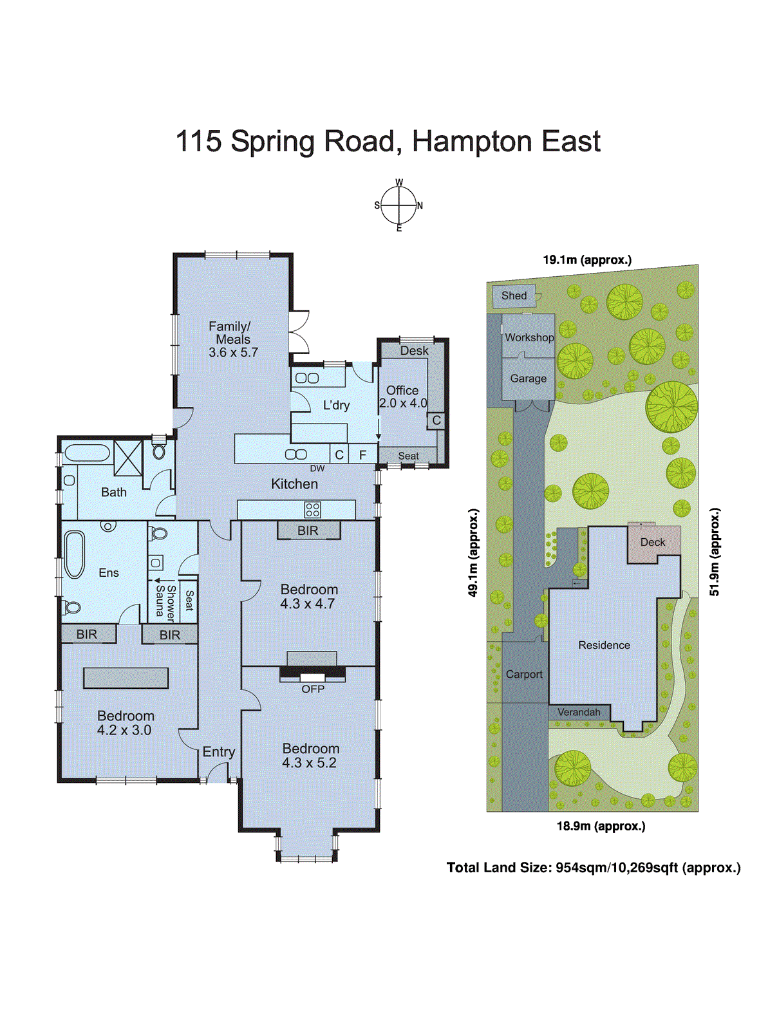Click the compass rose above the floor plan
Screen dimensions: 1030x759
(x=398, y=206)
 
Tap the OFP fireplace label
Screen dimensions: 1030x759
(x=313, y=689)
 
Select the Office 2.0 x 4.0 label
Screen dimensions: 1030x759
(x=403, y=397)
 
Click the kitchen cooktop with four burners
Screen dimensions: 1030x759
(x=313, y=510)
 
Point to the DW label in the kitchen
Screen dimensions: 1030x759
(x=317, y=469)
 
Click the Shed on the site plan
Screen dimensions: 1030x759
(x=514, y=295)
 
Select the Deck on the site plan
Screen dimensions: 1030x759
(x=653, y=543)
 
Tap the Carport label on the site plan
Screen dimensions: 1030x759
(x=524, y=674)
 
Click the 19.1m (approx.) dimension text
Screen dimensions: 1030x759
(x=587, y=260)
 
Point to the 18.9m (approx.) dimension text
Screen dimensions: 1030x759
(x=601, y=826)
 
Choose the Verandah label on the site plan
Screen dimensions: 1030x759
(x=579, y=712)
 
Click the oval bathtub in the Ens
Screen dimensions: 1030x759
(x=74, y=554)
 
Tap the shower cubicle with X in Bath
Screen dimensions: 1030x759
(x=128, y=458)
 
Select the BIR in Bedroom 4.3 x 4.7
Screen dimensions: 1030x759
(x=308, y=530)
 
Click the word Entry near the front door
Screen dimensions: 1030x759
(x=219, y=752)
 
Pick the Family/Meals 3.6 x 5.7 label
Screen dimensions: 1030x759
(x=233, y=339)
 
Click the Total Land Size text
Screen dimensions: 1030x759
(x=594, y=868)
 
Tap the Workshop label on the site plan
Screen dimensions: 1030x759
(x=529, y=337)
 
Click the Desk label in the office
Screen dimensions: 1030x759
(x=414, y=351)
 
